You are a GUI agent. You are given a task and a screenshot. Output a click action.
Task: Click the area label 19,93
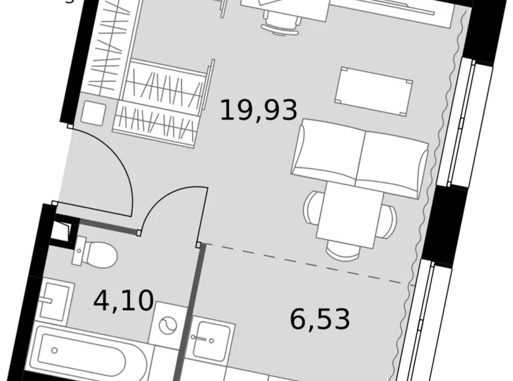258,109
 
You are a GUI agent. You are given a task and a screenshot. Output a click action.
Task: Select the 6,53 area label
320,319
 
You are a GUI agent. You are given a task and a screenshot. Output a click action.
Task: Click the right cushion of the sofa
393,161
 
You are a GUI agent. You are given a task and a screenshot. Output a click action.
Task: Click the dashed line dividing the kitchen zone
303,263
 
